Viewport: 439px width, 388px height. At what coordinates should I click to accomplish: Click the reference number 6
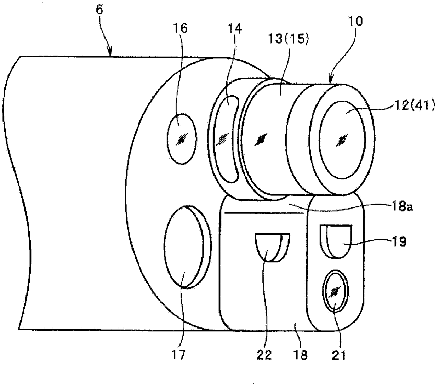pyautogui.click(x=99, y=10)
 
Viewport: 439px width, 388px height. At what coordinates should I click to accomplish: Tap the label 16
pyautogui.click(x=180, y=28)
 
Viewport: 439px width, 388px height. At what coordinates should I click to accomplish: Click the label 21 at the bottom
pyautogui.click(x=338, y=355)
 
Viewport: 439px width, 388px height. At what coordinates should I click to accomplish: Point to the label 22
pyautogui.click(x=264, y=355)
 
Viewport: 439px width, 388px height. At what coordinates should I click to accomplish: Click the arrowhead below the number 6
pyautogui.click(x=111, y=54)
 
